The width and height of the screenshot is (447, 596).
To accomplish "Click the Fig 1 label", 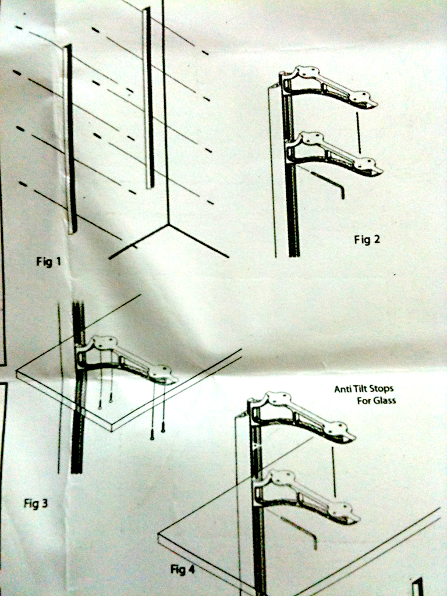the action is [x=48, y=261].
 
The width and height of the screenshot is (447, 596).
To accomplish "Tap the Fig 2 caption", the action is [x=367, y=239].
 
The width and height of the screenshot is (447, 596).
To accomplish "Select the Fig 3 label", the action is [x=36, y=503].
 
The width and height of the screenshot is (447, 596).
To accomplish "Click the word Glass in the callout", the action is [x=384, y=400].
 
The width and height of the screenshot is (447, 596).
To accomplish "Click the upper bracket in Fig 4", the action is [x=301, y=416].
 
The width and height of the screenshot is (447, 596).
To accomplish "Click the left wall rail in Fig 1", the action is [x=70, y=139].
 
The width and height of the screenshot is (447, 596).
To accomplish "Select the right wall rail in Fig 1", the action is [x=149, y=98].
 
